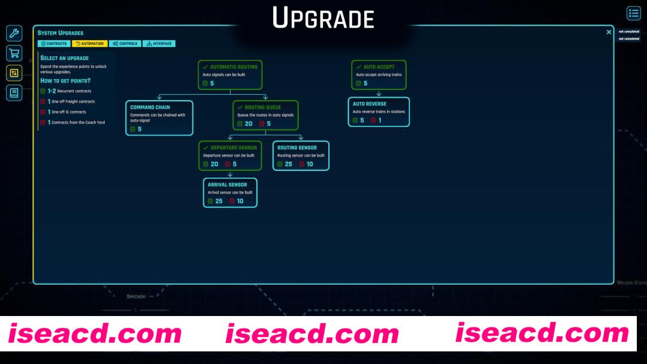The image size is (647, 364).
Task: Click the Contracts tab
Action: [x=54, y=44]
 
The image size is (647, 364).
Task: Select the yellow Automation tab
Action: [x=89, y=44]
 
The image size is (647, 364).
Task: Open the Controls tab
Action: [x=125, y=44]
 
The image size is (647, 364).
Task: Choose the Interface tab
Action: [x=159, y=44]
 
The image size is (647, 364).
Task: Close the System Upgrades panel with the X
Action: [x=609, y=32]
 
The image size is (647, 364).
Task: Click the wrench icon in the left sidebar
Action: [x=14, y=34]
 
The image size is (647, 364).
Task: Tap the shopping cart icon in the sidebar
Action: [x=14, y=53]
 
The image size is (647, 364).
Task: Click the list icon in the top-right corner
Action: [x=633, y=14]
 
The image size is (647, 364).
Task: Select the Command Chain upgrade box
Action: [x=159, y=118]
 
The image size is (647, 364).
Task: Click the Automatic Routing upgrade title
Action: [x=234, y=67]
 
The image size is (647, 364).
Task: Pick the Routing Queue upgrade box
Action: [x=265, y=115]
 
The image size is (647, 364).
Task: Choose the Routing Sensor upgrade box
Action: [x=301, y=155]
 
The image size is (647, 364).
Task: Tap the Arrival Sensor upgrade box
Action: [x=230, y=192]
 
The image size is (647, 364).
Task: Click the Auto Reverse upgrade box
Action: [x=379, y=112]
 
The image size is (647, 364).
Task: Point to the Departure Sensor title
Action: [x=234, y=148]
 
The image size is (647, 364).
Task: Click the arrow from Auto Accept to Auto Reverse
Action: [x=379, y=94]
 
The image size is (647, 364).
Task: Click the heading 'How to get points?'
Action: [x=65, y=80]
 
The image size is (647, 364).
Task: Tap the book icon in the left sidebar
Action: [x=14, y=92]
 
